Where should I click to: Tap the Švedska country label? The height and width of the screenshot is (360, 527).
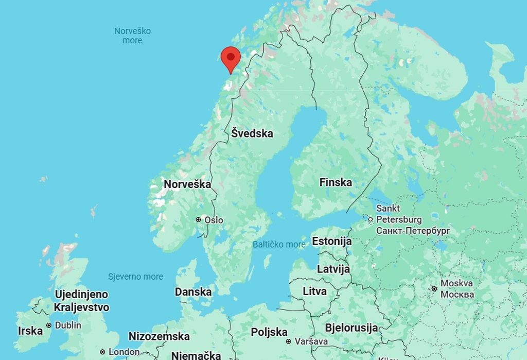click(252, 133)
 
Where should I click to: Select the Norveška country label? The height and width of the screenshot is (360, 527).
click(187, 184)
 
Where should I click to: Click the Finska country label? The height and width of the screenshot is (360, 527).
click(336, 182)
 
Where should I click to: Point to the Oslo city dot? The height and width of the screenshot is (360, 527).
click(198, 220)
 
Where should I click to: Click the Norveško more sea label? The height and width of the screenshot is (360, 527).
click(132, 36)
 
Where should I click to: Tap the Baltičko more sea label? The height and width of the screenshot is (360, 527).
click(279, 245)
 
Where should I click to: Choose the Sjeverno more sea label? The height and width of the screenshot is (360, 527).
click(135, 277)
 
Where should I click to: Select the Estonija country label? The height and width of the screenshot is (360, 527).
click(332, 241)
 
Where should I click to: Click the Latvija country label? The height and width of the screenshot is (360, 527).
click(333, 269)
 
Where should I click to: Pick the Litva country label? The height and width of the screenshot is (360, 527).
click(314, 292)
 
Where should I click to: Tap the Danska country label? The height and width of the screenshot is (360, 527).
click(193, 292)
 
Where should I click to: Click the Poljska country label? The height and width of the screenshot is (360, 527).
click(269, 332)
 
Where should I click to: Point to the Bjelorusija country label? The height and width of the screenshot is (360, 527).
click(351, 328)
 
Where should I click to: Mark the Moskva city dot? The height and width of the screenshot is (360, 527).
click(434, 289)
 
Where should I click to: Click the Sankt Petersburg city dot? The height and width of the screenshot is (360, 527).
click(370, 219)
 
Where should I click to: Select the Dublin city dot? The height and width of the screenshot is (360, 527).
click(49, 325)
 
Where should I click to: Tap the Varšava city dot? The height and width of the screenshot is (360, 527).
click(289, 341)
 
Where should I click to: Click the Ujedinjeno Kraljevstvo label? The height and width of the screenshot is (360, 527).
click(81, 301)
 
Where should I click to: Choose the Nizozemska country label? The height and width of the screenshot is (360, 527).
click(159, 336)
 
